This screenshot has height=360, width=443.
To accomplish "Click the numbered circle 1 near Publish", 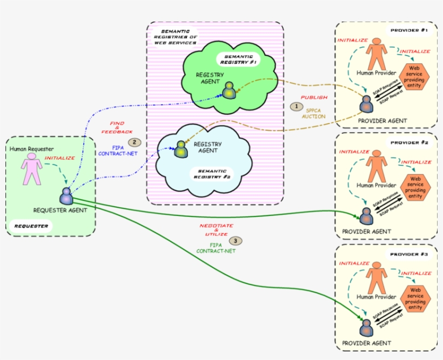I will pos(296,107).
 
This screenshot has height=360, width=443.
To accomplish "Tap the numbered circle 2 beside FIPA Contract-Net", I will pos(134,143).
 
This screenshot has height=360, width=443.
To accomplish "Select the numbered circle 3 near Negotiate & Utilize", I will pos(235,240).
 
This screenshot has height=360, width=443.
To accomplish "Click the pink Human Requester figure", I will pos(31,168).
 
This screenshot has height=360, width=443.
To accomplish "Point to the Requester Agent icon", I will pos(67,195).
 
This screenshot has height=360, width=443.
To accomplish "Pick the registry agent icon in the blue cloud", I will pos(180,149).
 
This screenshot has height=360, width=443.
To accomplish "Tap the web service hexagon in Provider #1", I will pos(415,77).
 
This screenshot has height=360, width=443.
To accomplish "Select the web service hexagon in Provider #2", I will pos(415,187).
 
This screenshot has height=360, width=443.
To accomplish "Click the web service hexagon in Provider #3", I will pos(415,298).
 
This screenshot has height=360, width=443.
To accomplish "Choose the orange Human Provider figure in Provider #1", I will pos(377,56).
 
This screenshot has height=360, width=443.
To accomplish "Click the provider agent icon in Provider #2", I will pos(366,216).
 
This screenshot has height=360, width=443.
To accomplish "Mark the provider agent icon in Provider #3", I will pos(366,328).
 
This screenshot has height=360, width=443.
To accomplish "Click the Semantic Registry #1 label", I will pos(239,59).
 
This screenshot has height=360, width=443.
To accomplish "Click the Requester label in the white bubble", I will pos(30,226).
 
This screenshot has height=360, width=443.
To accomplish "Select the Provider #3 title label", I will pos(409,254).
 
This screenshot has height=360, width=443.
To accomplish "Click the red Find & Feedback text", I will pos(120,127).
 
